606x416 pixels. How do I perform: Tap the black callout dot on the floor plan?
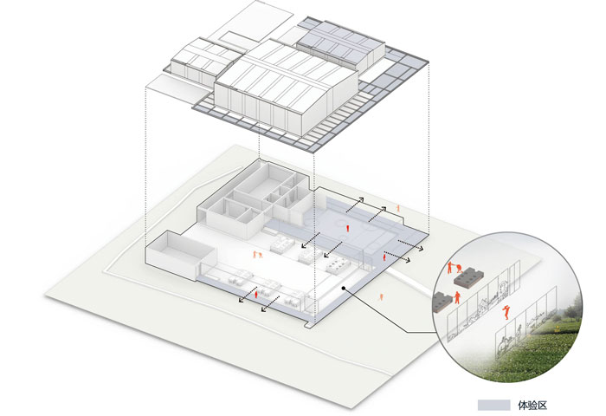click(x=344, y=289)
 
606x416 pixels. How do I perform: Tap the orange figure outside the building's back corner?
click(x=398, y=209)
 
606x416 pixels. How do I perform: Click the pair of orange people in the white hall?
click(x=255, y=254)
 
